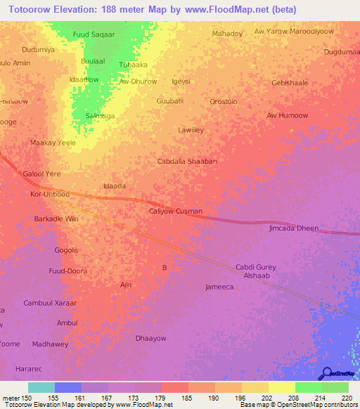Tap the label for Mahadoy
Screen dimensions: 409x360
[x=227, y=33]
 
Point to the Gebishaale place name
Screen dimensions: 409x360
[x=290, y=82]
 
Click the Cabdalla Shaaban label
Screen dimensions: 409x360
[x=186, y=161]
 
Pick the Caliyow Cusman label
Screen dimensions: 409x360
[x=176, y=211]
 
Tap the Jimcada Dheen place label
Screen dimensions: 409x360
[x=294, y=228]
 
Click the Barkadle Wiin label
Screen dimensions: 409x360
[x=56, y=219]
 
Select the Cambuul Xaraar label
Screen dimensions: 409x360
[x=50, y=303]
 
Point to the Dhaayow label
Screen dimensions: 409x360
[x=150, y=338]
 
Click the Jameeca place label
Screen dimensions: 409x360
[x=219, y=287]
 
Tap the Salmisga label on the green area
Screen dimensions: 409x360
[x=100, y=115]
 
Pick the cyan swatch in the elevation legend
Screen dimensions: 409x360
[x=41, y=387]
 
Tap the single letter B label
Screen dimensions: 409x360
[x=165, y=268]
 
